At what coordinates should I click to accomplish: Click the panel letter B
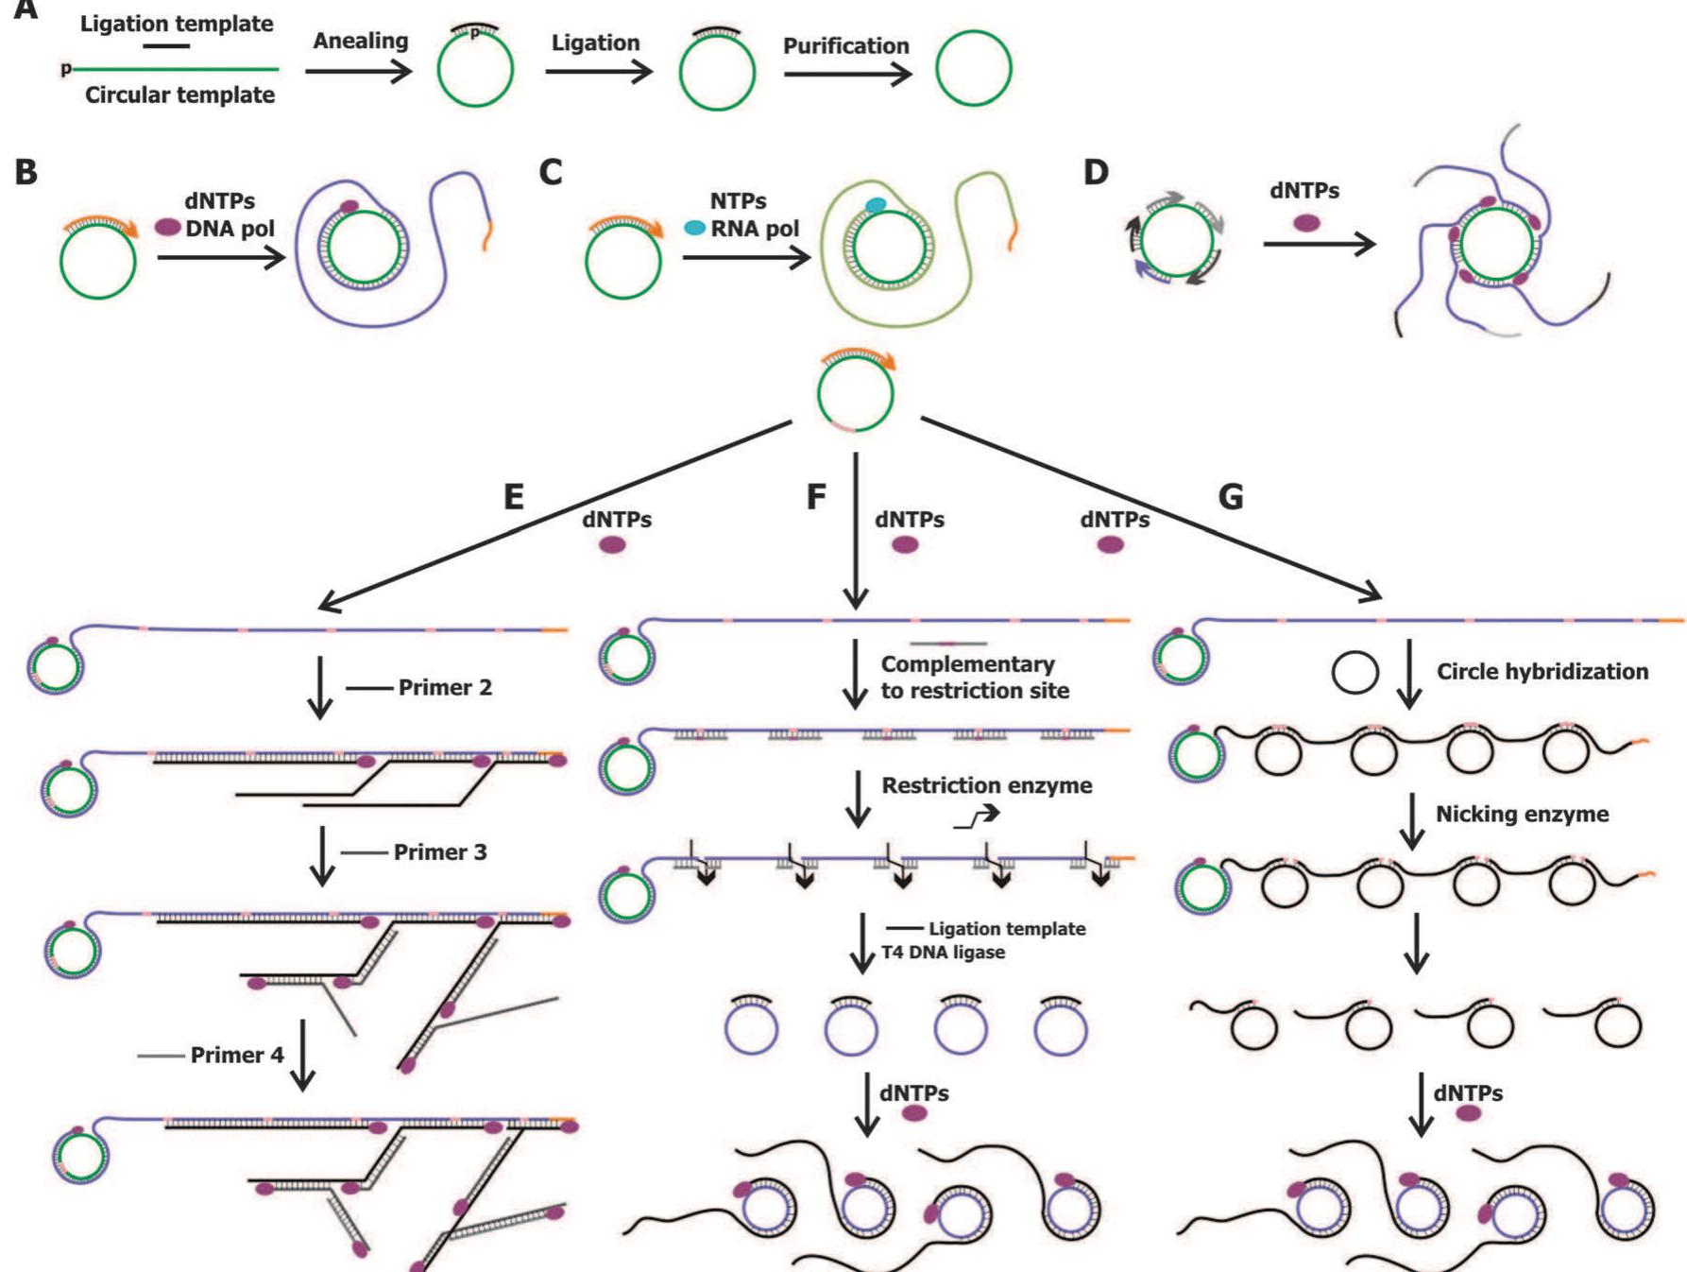(x=26, y=171)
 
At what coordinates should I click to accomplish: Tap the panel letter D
(x=1096, y=171)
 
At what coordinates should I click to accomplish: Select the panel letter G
(x=1231, y=496)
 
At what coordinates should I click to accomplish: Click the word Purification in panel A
(x=845, y=45)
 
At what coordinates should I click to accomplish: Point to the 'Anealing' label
(x=361, y=42)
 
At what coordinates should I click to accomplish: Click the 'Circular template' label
(x=180, y=95)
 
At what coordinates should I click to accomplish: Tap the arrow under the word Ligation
(x=600, y=72)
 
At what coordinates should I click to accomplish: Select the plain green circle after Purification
(x=974, y=68)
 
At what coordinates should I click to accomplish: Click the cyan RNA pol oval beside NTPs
(x=695, y=228)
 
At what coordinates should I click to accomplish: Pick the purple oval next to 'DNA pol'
(x=167, y=228)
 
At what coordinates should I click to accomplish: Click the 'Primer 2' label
(x=445, y=687)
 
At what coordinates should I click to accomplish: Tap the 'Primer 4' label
(x=237, y=1055)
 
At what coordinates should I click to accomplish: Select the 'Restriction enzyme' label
(x=987, y=785)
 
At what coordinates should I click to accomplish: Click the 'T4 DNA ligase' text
(x=943, y=953)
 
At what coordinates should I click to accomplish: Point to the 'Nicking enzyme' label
(x=1522, y=814)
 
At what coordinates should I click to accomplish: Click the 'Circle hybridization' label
(x=1542, y=672)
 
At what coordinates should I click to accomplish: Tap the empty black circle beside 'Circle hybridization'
(x=1355, y=673)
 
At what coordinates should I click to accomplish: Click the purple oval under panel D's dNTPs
(x=1306, y=223)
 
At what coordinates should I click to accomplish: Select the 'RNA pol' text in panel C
(x=755, y=229)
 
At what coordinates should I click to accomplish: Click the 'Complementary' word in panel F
(x=967, y=664)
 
